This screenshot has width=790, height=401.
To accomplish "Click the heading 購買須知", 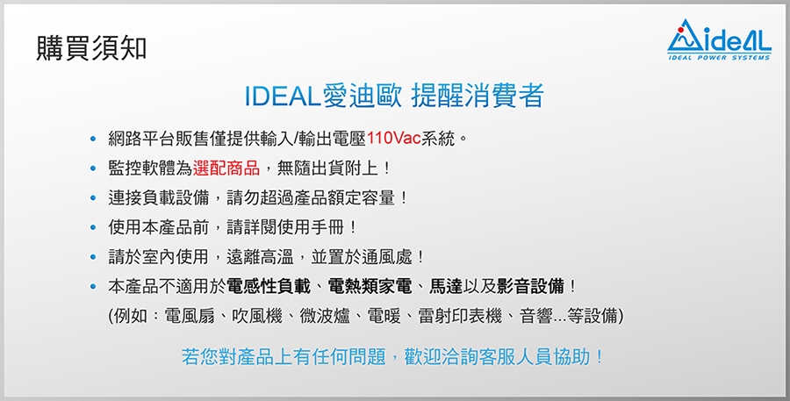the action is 91,49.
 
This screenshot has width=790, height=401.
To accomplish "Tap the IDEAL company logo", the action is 719,39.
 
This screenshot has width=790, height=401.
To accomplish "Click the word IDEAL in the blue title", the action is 282,96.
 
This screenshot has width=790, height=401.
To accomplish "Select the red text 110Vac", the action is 394,138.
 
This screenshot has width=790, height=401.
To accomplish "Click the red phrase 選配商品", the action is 226,168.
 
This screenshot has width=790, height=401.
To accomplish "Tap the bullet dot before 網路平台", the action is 92,139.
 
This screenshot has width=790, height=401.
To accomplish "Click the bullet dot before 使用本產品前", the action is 92,228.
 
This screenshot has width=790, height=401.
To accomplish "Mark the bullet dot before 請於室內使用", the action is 92,257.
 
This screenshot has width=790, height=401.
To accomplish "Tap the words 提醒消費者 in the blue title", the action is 478,96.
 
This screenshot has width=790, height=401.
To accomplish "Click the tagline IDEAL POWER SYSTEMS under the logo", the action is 720,57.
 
